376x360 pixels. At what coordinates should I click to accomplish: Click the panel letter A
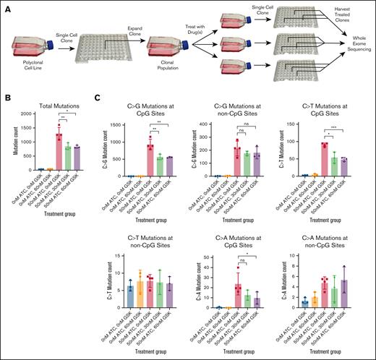pos(6,5)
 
